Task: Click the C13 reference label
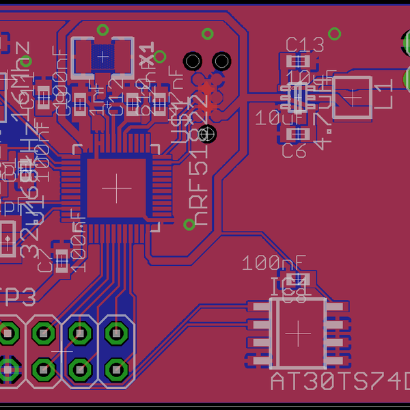pyautogui.click(x=305, y=45)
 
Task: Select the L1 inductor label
pyautogui.click(x=385, y=95)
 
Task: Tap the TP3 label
pyautogui.click(x=17, y=299)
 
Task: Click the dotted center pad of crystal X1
pyautogui.click(x=103, y=57)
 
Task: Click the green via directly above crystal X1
pyautogui.click(x=102, y=30)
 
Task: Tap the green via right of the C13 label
pyautogui.click(x=334, y=33)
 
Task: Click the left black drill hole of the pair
pyautogui.click(x=193, y=61)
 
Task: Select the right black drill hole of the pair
pyautogui.click(x=221, y=61)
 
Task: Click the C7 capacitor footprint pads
pyautogui.click(x=62, y=260)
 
